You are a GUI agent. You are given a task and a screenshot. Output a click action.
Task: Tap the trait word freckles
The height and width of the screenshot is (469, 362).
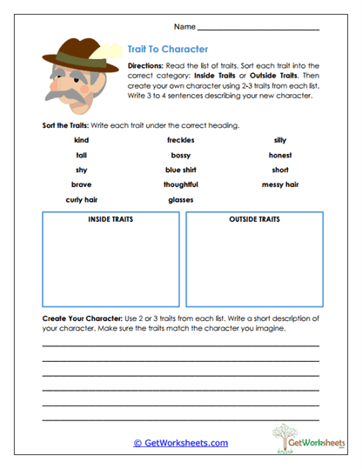pos(180,139)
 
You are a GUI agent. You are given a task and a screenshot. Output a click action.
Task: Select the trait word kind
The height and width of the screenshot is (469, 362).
pos(82,139)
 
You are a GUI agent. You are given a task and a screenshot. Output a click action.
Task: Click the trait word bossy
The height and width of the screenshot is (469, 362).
pos(180,155)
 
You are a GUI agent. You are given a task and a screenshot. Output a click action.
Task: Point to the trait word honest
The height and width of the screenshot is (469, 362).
pos(280,155)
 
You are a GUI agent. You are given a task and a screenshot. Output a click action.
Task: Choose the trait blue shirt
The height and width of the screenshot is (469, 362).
pos(180,170)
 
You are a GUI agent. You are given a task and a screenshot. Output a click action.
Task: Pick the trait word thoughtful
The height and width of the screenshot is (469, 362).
pos(180,184)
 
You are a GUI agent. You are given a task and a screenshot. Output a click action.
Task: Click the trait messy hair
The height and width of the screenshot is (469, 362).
pos(280,184)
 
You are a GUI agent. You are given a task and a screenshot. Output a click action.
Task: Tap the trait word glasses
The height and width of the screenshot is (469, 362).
pos(180,199)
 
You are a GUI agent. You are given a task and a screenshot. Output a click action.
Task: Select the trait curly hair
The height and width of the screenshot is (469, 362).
pos(82,199)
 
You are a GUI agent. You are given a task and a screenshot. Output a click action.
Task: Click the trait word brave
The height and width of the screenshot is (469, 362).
pos(82,184)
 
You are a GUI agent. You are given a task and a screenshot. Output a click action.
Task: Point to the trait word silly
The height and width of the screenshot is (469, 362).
pos(280,139)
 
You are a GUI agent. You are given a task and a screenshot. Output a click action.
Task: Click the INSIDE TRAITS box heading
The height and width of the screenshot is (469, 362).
pos(110,219)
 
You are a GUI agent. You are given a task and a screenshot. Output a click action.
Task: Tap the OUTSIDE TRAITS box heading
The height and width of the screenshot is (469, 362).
pos(254,219)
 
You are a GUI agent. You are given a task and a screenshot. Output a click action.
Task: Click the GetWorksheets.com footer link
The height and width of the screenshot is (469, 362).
pos(180,443)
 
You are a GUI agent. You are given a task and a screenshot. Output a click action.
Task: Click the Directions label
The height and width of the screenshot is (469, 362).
pos(144,66)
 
